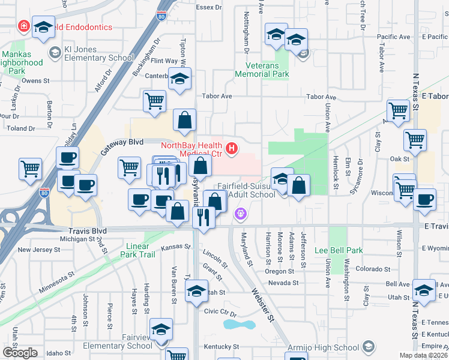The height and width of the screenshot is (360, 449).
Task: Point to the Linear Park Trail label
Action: tap(140, 250)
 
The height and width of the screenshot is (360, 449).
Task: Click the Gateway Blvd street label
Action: tap(122, 144)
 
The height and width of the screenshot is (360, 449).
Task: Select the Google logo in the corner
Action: tap(19, 353)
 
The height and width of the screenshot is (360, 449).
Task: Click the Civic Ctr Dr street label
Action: tap(221, 311)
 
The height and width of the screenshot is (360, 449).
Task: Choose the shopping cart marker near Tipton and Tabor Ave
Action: tap(155, 101)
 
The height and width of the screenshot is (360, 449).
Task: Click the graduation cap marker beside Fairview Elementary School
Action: tap(161, 331)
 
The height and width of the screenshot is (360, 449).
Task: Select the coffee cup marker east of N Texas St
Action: tap(425, 199)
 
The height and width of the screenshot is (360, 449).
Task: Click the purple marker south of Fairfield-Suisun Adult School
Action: tap(241, 212)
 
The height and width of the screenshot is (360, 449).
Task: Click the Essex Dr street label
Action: tap(209, 7)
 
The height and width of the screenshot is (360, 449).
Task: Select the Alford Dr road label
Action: tap(103, 82)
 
